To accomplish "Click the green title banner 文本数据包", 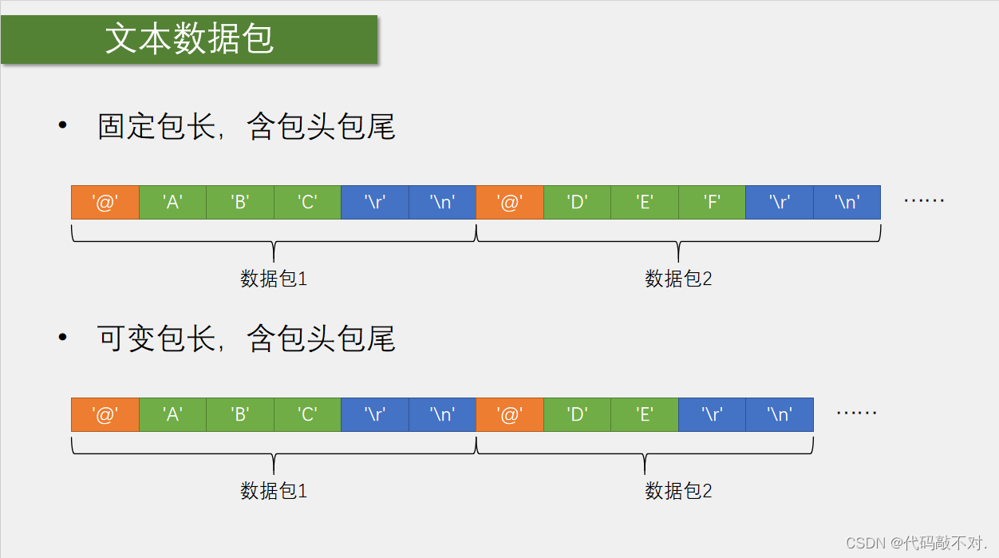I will [x=189, y=39].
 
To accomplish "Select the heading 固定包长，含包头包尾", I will [x=246, y=127].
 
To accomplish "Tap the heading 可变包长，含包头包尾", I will [x=246, y=339].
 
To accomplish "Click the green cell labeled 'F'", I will [x=712, y=203].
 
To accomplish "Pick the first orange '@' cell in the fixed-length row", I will [x=105, y=203].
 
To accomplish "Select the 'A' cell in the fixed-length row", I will [x=172, y=203].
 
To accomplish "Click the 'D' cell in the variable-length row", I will [x=577, y=415].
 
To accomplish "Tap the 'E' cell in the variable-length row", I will [x=645, y=415].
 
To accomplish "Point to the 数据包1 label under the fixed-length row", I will [x=274, y=279].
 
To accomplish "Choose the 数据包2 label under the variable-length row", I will [x=678, y=491].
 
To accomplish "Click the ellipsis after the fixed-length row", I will [x=924, y=200].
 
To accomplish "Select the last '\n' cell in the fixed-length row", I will [x=847, y=203].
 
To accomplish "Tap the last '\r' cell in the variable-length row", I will [x=712, y=415].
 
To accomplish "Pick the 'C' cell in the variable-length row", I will [x=307, y=415].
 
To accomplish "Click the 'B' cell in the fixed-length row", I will [x=239, y=203].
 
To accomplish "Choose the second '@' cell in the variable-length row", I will [x=509, y=415].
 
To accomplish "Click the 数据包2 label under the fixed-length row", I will [x=678, y=279].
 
